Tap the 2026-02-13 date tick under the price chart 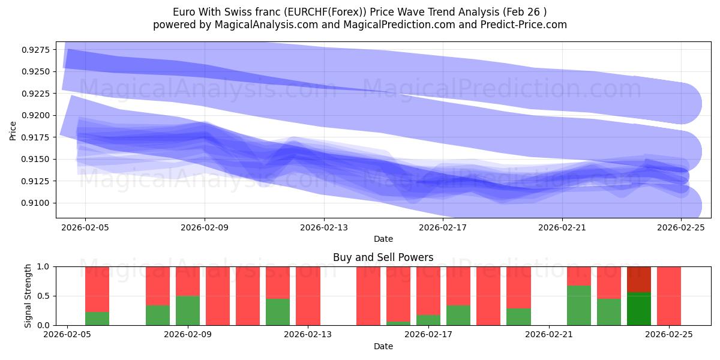tap(324, 227)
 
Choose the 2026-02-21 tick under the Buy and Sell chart tap(549, 335)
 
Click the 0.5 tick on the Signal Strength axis tap(46, 296)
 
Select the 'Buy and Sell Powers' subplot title tap(383, 257)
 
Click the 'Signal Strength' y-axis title tap(28, 296)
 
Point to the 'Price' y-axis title tap(13, 130)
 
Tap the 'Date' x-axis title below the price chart tap(383, 239)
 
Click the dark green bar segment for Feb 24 tap(639, 309)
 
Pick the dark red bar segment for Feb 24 tap(639, 279)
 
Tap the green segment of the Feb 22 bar tap(579, 305)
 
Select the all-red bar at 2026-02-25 tap(669, 296)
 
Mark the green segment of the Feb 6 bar tap(97, 319)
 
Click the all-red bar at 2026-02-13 tap(308, 296)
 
